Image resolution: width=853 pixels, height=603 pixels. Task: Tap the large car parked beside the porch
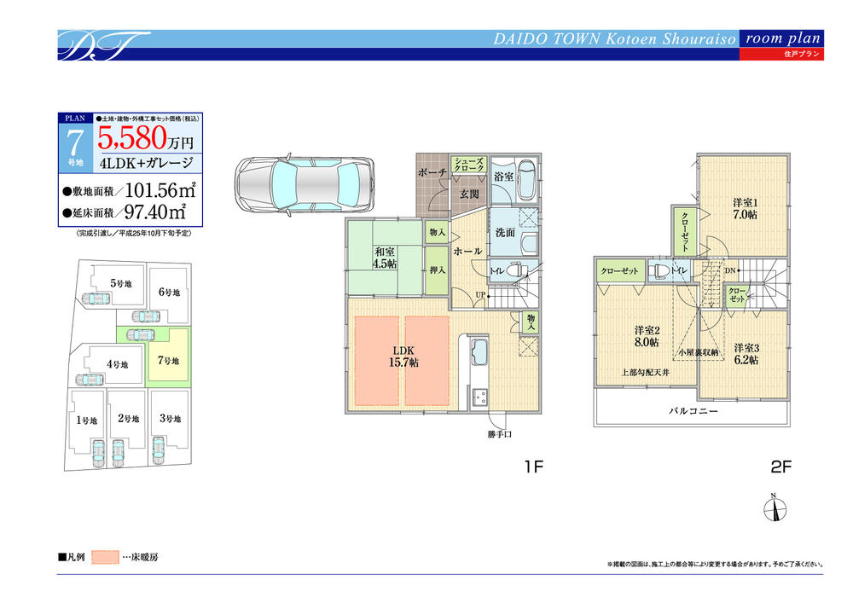304,184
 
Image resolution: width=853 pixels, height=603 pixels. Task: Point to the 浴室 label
503,177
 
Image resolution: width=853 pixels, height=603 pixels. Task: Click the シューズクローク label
468,165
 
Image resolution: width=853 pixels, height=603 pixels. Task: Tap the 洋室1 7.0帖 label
745,208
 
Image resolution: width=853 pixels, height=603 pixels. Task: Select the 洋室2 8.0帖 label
645,336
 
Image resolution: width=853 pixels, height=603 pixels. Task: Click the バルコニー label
692,411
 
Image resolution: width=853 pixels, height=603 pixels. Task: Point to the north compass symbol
774,506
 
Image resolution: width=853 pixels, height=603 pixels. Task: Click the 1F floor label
534,467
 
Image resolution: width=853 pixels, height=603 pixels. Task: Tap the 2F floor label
781,467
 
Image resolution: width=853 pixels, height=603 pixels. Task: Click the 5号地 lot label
120,283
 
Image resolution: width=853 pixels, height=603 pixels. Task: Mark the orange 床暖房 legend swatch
106,557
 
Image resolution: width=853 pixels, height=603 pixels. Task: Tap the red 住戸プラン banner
781,54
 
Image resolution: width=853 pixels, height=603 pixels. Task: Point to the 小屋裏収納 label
693,351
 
